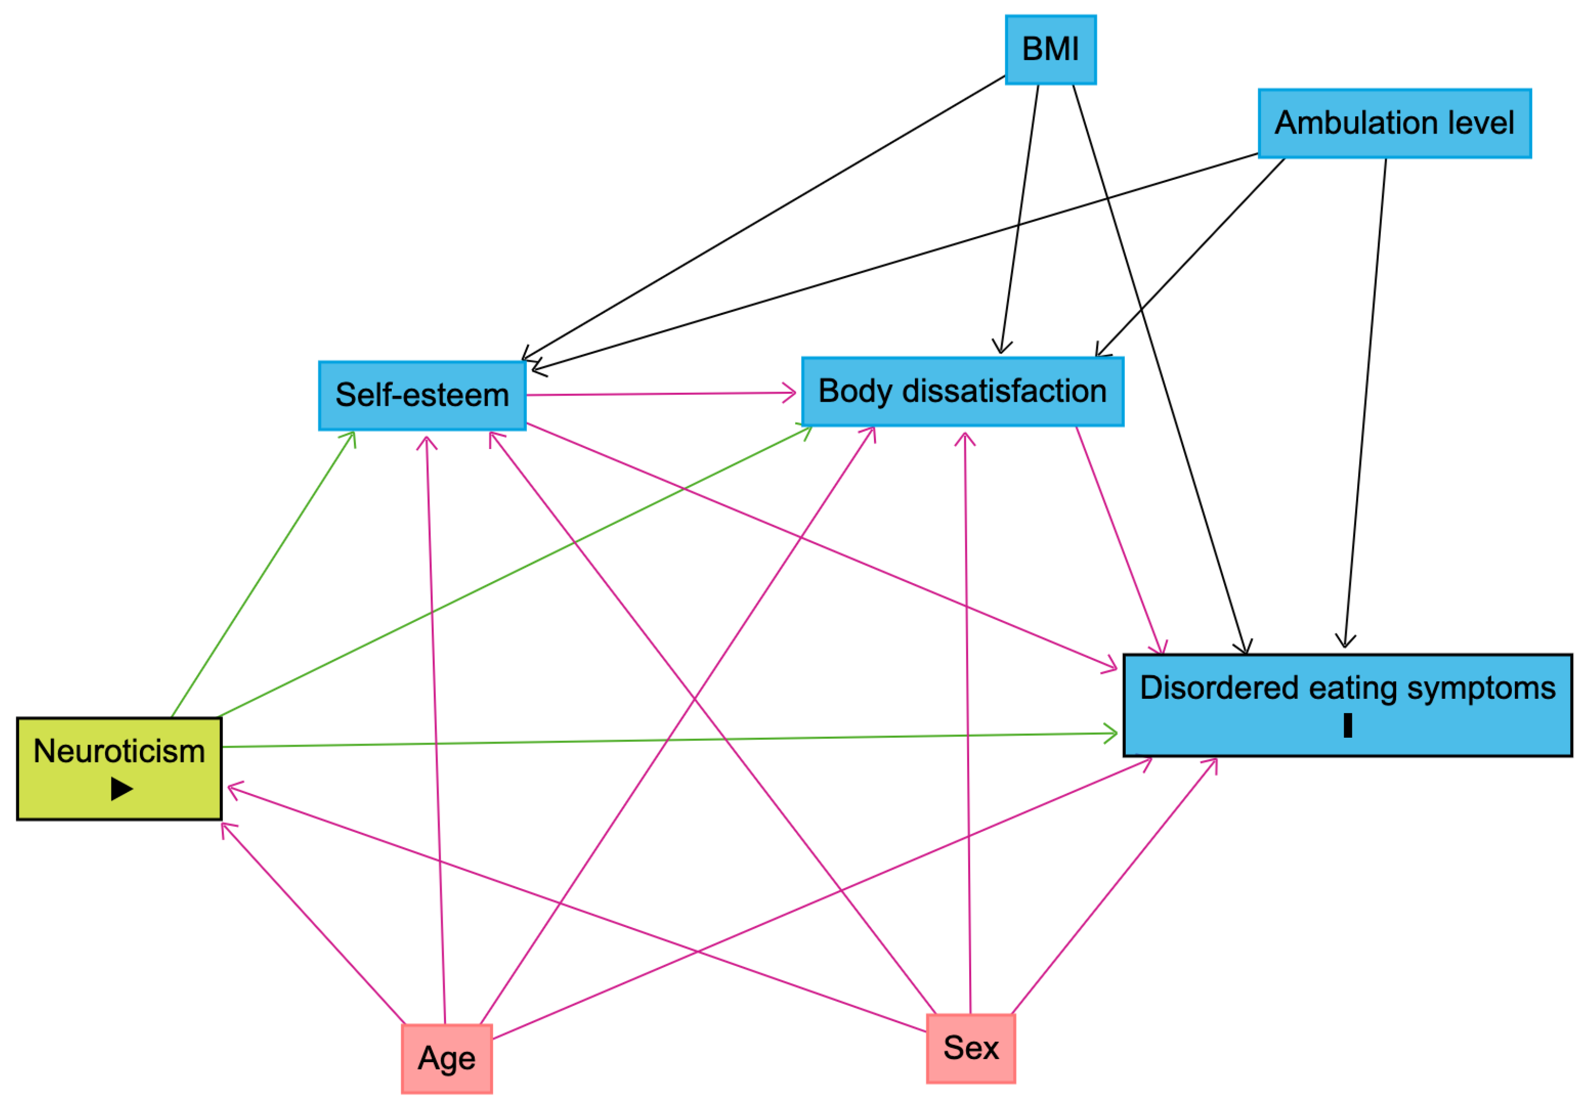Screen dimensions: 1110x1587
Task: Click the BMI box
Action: click(x=1050, y=50)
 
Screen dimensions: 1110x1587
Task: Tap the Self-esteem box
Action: click(x=422, y=395)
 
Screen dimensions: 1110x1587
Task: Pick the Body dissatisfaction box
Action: click(x=962, y=391)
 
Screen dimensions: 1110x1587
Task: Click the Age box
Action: click(x=446, y=1058)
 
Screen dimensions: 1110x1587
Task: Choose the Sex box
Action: click(x=971, y=1048)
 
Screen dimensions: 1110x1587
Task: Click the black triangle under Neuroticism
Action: click(x=121, y=789)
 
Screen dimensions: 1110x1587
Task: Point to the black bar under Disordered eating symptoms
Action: click(x=1347, y=726)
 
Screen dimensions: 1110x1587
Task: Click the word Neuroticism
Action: click(x=119, y=751)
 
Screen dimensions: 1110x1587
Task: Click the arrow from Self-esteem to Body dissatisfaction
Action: click(x=660, y=394)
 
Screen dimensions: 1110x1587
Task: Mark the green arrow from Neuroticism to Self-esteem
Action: click(x=262, y=574)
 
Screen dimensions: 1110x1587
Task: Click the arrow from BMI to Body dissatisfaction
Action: click(x=1020, y=218)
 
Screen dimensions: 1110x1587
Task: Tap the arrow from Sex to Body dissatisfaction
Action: click(x=968, y=726)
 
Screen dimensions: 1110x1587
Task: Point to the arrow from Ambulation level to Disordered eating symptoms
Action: click(x=1365, y=401)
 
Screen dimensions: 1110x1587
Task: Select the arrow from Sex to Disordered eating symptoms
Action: click(x=1113, y=888)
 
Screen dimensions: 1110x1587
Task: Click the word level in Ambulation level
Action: click(x=1486, y=123)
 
